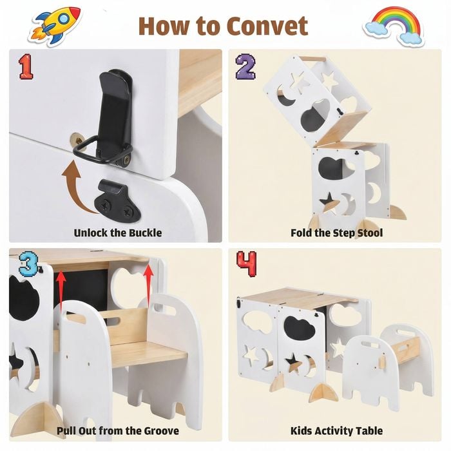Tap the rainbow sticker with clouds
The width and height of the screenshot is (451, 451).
point(394,26)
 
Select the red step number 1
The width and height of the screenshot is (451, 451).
point(26,67)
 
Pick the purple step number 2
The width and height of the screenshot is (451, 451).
point(245,67)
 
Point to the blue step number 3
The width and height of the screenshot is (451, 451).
point(28,264)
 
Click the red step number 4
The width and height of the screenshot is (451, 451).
point(247,264)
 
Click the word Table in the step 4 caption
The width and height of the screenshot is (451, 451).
point(369,431)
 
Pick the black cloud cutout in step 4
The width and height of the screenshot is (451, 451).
point(300,328)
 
